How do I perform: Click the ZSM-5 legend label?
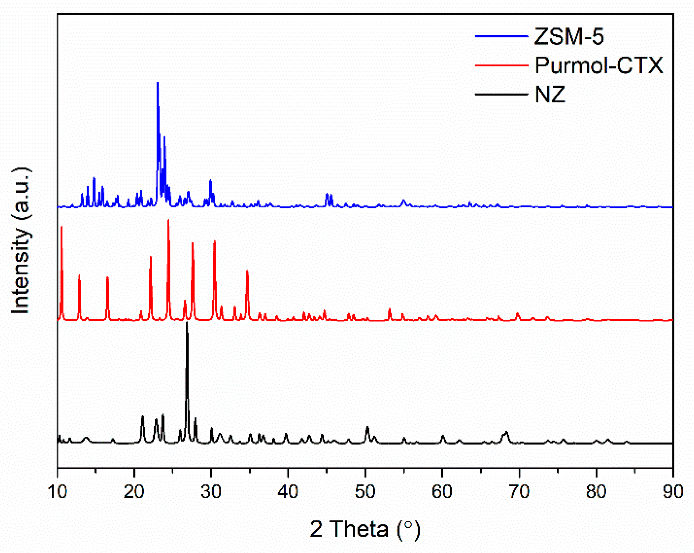(x=569, y=36)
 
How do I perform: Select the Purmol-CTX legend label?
(x=598, y=65)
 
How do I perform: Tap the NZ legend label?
(x=550, y=95)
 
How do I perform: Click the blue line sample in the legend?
(x=501, y=36)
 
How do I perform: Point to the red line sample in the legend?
(x=501, y=65)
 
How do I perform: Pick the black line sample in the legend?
(x=501, y=95)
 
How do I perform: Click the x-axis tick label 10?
(x=57, y=492)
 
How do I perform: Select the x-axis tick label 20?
(x=134, y=492)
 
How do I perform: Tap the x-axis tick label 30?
(x=211, y=492)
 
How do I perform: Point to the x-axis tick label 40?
(x=288, y=492)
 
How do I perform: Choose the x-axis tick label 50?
(x=365, y=492)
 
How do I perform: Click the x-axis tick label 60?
(x=442, y=492)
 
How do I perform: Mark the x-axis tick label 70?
(x=519, y=492)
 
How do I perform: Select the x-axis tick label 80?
(x=596, y=492)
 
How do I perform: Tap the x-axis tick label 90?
(x=673, y=492)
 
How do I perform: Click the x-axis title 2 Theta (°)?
(x=365, y=529)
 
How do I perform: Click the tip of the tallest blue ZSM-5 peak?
(x=158, y=83)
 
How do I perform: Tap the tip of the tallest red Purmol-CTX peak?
(x=168, y=220)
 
